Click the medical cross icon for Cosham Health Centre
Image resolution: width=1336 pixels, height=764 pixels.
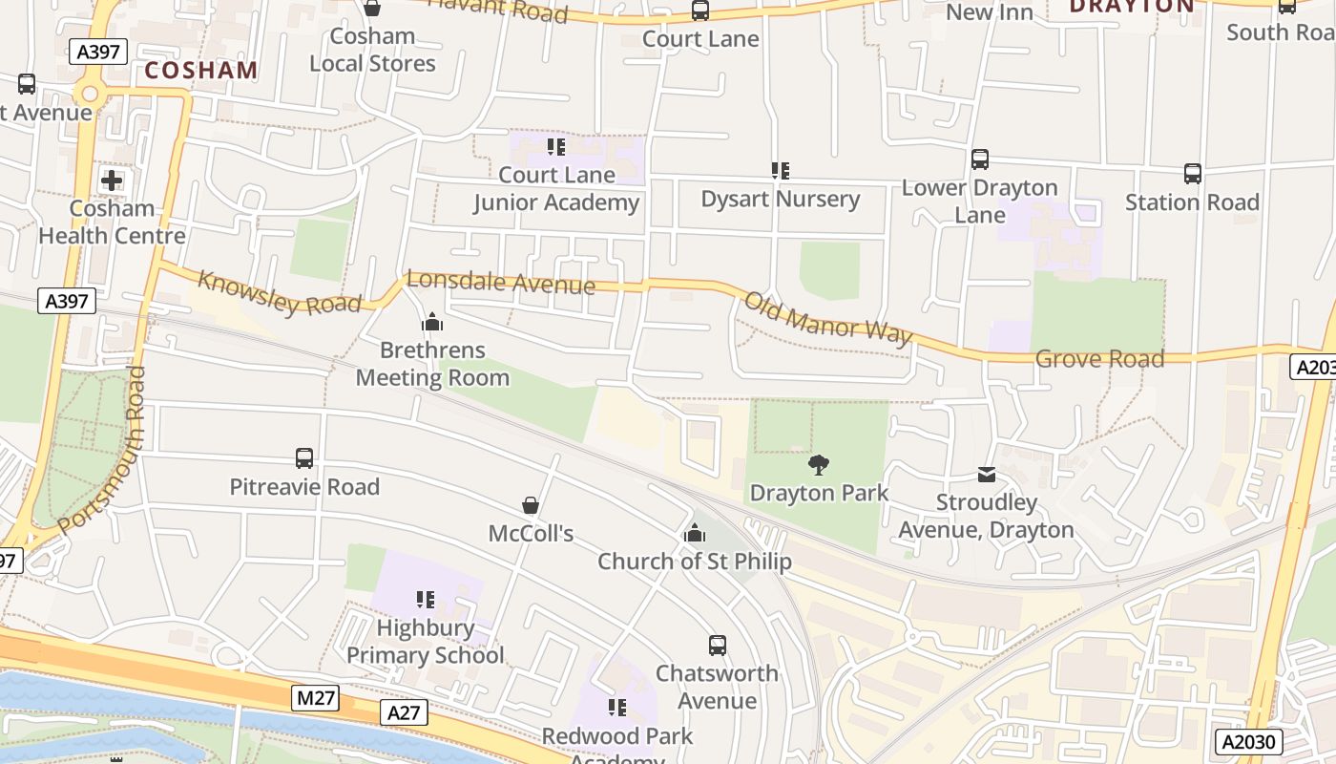point(112,180)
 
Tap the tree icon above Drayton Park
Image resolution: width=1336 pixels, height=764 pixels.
point(818,465)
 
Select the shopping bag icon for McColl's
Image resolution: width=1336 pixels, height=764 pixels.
point(531,505)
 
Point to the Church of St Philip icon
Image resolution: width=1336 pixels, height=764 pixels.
point(695,533)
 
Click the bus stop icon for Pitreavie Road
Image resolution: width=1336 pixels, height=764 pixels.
point(304,458)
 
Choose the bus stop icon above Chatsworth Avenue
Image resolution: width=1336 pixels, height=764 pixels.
point(718,646)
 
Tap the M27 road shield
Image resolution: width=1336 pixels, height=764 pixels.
point(315,698)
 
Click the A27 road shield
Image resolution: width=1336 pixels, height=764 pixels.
point(404,712)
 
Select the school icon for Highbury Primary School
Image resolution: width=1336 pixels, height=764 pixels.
point(426,600)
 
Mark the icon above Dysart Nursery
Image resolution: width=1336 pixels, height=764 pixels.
point(781,171)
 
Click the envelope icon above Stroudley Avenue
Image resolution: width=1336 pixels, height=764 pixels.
point(986,474)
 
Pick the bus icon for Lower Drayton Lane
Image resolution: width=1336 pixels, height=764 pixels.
point(980,159)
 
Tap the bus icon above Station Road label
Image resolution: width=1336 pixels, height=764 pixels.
point(1193,174)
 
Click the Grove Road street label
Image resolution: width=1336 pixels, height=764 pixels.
point(1099,359)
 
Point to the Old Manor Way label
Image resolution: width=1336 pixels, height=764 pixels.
point(827,319)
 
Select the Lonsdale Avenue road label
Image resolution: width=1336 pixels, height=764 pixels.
point(500,283)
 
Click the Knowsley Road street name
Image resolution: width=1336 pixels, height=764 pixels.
point(279,292)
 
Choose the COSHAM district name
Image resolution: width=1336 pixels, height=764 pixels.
point(201,70)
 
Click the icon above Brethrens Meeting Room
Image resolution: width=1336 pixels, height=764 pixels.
point(432,322)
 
